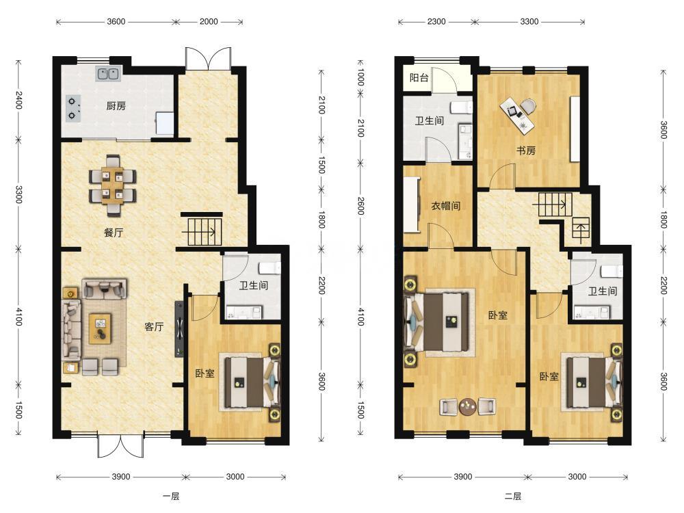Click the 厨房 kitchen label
click(x=116, y=105)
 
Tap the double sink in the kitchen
click(x=108, y=74)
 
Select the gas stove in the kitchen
click(x=73, y=109)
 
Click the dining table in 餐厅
click(x=113, y=185)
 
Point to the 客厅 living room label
click(x=154, y=326)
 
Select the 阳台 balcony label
click(x=419, y=78)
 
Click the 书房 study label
click(x=525, y=150)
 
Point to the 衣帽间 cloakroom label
click(x=445, y=205)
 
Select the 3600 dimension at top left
click(x=116, y=21)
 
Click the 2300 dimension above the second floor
click(x=436, y=21)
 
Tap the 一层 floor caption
click(x=171, y=496)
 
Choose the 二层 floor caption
click(x=513, y=496)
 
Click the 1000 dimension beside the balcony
click(x=360, y=78)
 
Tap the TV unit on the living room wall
click(x=179, y=330)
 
